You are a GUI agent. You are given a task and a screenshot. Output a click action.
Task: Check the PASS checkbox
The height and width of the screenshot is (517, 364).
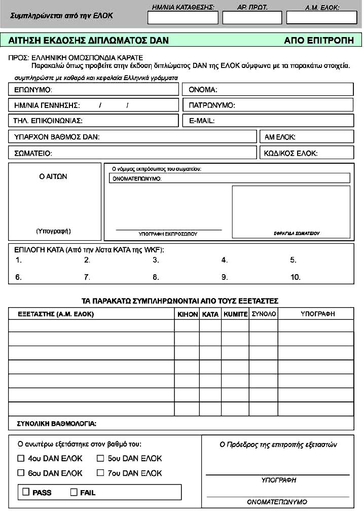[26, 492]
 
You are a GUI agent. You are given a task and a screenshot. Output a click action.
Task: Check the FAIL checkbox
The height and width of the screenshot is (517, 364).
[74, 492]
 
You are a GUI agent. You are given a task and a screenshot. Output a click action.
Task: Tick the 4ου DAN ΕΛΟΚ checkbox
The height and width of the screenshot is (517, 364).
[21, 458]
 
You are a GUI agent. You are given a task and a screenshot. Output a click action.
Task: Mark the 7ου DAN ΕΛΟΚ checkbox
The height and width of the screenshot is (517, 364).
[99, 473]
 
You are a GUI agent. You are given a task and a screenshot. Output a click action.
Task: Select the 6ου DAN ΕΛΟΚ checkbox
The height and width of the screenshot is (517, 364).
[21, 473]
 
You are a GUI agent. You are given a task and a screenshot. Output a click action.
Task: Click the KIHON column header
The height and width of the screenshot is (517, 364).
[187, 314]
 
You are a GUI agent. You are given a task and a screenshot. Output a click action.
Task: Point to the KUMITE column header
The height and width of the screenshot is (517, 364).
[235, 314]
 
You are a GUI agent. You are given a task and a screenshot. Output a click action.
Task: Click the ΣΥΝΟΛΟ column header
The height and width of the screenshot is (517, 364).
[264, 314]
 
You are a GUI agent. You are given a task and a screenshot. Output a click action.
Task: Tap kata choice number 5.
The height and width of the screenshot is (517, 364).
[293, 260]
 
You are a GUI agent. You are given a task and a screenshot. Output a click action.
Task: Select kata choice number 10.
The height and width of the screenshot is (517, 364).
[295, 277]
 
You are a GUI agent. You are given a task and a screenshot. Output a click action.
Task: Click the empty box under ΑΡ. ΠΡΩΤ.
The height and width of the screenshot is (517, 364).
[252, 18]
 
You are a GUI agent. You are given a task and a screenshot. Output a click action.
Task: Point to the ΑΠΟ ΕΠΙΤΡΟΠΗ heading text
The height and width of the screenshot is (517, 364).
[319, 41]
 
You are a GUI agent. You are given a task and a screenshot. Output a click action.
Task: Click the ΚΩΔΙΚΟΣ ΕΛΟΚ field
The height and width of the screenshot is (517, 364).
[306, 153]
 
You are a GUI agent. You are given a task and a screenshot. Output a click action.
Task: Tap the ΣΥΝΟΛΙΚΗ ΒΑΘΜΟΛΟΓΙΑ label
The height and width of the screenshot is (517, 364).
[56, 423]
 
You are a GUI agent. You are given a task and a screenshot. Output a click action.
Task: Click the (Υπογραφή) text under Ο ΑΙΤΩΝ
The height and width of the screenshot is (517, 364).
[53, 231]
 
